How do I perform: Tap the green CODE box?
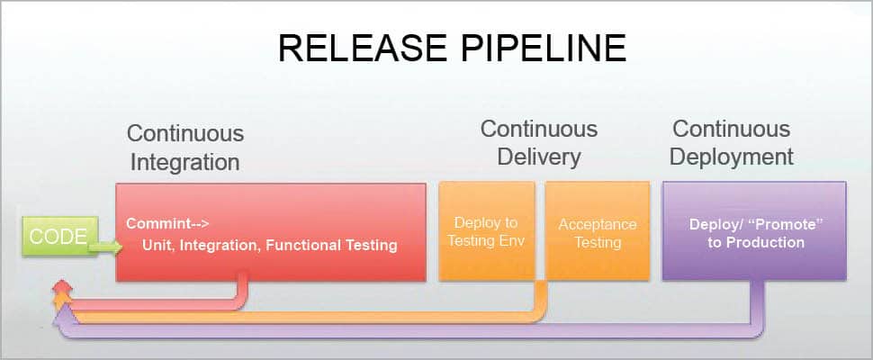(58, 238)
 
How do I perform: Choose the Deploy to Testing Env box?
(486, 231)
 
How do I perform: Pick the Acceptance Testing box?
(598, 231)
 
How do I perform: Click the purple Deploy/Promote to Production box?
(754, 231)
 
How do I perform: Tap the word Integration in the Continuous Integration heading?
(185, 163)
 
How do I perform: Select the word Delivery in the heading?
(538, 157)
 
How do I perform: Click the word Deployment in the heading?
(732, 157)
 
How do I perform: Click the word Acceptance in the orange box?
(598, 224)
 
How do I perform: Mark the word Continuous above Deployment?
(732, 129)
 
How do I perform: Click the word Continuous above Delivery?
(538, 129)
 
